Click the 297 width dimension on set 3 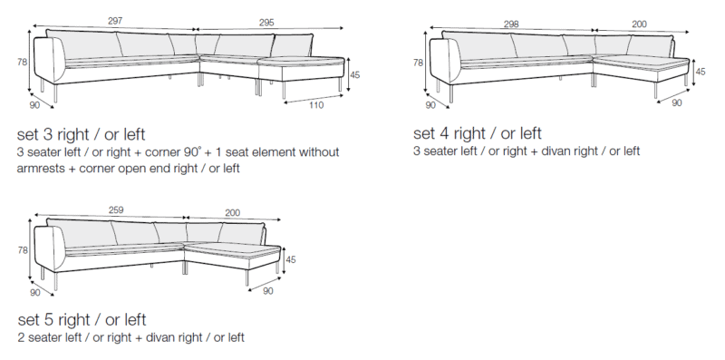click(x=115, y=21)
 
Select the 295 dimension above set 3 click(x=266, y=22)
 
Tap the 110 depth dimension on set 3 click(x=316, y=105)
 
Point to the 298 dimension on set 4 click(x=511, y=24)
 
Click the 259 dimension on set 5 click(x=116, y=210)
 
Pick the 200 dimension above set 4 click(x=639, y=24)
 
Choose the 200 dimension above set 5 click(x=233, y=213)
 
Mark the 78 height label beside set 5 click(x=23, y=250)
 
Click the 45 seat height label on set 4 click(x=701, y=72)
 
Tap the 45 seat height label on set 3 click(x=354, y=74)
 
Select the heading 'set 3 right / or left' click(x=81, y=134)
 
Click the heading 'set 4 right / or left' click(x=478, y=133)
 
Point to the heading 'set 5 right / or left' click(x=82, y=320)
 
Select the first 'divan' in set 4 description click(x=545, y=151)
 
